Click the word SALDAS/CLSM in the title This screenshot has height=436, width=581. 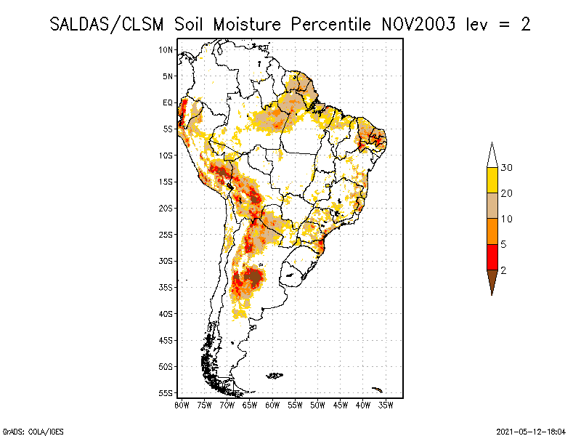click(109, 24)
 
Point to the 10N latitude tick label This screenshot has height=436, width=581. click(166, 49)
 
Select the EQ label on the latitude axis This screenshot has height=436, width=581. click(168, 102)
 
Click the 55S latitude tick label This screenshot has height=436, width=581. click(166, 393)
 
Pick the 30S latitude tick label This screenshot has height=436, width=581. click(166, 261)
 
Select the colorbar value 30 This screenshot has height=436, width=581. click(507, 168)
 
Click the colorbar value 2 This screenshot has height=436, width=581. click(503, 270)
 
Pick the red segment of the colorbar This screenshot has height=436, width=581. click(492, 257)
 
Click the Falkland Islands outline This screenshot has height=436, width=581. click(275, 376)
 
